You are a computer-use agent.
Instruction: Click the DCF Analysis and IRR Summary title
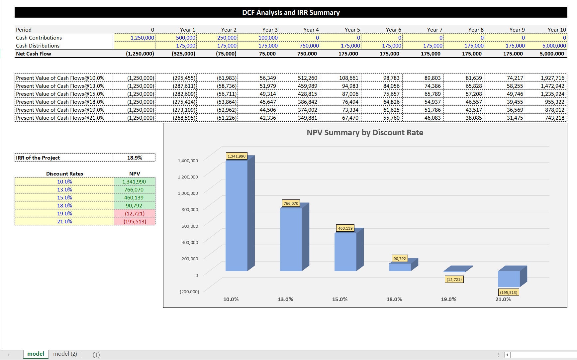click(291, 13)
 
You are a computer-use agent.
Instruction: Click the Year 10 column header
click(556, 30)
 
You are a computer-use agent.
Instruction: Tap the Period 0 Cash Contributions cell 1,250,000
click(135, 38)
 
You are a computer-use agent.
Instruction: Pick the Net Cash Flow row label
click(34, 54)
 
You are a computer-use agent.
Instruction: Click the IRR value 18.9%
click(135, 158)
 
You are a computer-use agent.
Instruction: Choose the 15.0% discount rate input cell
click(64, 197)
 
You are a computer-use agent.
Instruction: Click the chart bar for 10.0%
click(237, 216)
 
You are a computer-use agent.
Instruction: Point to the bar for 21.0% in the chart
click(509, 279)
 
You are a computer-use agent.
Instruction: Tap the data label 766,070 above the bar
click(291, 203)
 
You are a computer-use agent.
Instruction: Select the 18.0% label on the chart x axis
click(394, 299)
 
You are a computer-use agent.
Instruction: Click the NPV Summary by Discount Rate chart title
click(365, 133)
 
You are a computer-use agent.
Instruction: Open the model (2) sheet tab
click(65, 354)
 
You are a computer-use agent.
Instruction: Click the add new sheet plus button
click(96, 355)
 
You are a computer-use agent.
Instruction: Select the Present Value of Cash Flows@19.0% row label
click(60, 110)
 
